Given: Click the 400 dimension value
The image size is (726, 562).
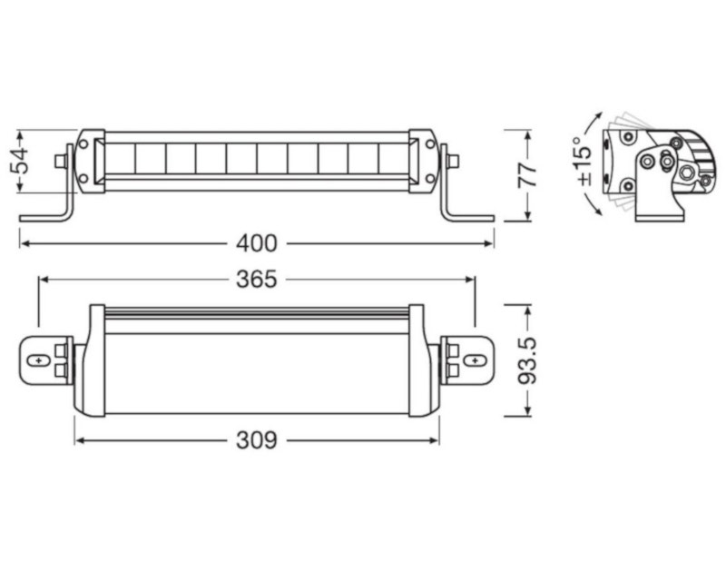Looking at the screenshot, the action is pyautogui.click(x=257, y=243).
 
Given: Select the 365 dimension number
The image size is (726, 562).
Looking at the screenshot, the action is pyautogui.click(x=257, y=280).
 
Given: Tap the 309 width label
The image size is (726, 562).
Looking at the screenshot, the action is pyautogui.click(x=257, y=440).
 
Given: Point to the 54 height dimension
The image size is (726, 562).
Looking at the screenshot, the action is pyautogui.click(x=19, y=161).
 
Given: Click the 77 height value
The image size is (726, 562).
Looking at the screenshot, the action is pyautogui.click(x=527, y=174).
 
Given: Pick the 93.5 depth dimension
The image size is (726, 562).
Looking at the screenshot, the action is pyautogui.click(x=527, y=360).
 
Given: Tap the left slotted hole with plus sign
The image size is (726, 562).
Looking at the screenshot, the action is pyautogui.click(x=38, y=360).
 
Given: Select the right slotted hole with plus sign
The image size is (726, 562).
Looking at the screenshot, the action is pyautogui.click(x=475, y=360).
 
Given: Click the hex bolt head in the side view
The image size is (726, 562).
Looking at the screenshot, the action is pyautogui.click(x=685, y=173).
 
